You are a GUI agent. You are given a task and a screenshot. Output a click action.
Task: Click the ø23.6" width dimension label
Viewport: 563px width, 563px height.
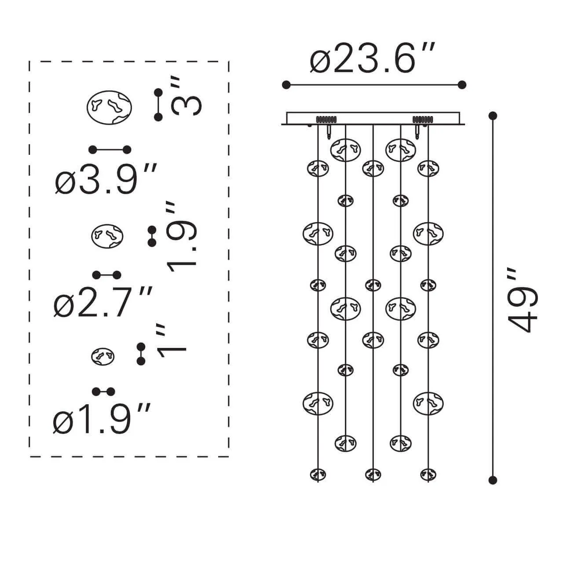point(372,58)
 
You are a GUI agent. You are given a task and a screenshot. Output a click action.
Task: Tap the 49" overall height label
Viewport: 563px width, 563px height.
point(522,300)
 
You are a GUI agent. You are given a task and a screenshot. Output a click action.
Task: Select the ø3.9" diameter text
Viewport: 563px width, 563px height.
point(106,179)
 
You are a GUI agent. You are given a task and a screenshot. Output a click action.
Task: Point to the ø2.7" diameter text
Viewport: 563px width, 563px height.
point(103,302)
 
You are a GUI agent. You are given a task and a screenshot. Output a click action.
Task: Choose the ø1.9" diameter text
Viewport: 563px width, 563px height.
point(102,418)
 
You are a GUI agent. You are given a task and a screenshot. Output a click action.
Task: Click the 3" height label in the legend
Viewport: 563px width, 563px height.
point(186,96)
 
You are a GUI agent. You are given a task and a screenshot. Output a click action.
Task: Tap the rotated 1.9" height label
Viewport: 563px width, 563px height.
point(181,237)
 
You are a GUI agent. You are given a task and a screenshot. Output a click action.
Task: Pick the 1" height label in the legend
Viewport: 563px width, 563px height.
point(172,341)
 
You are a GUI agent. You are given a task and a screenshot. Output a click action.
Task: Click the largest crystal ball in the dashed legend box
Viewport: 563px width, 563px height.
point(109,107)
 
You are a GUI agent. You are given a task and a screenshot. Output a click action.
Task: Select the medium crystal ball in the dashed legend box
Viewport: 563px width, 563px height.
point(107,236)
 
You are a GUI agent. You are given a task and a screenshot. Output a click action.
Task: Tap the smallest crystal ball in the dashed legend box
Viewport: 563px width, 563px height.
point(102,356)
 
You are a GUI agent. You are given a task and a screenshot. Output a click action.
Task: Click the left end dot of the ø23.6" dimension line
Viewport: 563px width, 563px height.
point(286,85)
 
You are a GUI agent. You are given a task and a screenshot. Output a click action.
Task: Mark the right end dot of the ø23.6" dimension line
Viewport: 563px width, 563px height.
point(462,85)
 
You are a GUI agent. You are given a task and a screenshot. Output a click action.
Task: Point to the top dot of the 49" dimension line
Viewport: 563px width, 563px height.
point(493,116)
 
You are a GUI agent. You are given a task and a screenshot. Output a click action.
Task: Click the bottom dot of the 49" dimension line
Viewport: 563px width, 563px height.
point(493,480)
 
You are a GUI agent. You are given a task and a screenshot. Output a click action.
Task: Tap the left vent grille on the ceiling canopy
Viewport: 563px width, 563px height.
point(326,120)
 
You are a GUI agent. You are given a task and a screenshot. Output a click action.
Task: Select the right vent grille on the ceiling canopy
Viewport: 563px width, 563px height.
point(423,120)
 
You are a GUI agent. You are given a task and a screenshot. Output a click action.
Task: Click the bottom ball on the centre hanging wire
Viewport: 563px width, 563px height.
point(373,475)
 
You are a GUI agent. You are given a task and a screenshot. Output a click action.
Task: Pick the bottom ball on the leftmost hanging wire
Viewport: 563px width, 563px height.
point(318,475)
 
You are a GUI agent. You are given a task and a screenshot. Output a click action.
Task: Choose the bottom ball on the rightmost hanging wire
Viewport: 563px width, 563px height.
point(428,475)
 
